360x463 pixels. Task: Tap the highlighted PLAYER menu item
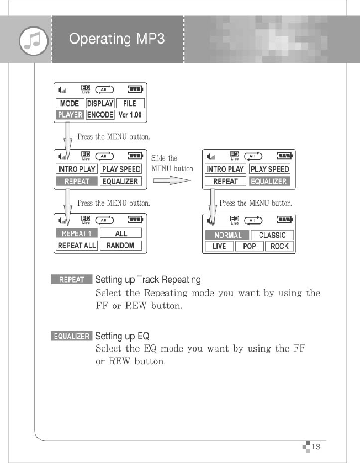(70, 115)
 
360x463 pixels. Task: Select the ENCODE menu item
(100, 115)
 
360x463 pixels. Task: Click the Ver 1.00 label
(130, 115)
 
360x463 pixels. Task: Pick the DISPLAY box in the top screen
(100, 103)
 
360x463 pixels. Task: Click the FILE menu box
(130, 103)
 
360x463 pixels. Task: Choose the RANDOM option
(120, 246)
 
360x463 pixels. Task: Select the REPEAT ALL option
(77, 246)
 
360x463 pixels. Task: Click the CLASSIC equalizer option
(272, 235)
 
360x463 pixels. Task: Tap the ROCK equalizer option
(279, 247)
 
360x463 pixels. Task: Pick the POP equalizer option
(250, 247)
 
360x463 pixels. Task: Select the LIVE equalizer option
(219, 247)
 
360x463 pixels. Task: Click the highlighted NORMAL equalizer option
(227, 235)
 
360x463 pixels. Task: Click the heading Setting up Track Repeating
(147, 280)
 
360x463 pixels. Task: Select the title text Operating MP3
(117, 39)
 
